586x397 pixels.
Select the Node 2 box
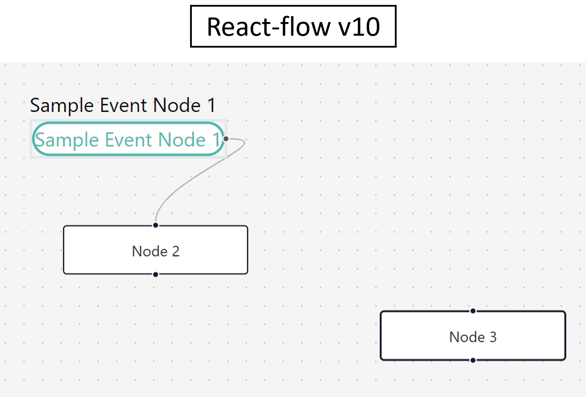click(x=155, y=250)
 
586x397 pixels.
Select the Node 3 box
click(x=473, y=335)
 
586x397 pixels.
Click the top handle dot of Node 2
click(x=156, y=225)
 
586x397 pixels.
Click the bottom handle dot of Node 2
click(x=156, y=274)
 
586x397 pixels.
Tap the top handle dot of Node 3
click(x=473, y=311)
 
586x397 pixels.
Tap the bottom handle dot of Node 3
click(x=473, y=360)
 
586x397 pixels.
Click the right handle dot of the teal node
click(x=226, y=139)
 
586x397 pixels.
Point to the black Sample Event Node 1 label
click(x=123, y=105)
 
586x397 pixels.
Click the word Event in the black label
click(x=124, y=105)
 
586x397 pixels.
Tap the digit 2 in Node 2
click(x=176, y=251)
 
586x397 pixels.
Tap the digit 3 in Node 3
click(x=493, y=337)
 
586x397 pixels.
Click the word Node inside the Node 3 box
click(x=467, y=337)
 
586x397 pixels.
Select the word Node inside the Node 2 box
click(x=149, y=251)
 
